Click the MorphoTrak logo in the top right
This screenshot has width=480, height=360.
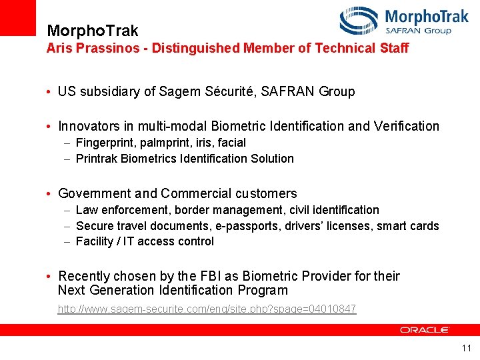[404, 21]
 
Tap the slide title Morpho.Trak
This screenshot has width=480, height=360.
[93, 31]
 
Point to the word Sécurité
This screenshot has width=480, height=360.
[229, 91]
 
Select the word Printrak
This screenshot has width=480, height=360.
[97, 159]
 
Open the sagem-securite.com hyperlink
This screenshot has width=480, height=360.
[207, 309]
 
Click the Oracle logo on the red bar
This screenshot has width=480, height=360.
[425, 329]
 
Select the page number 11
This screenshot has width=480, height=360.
[466, 348]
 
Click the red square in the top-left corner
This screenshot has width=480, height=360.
[17, 17]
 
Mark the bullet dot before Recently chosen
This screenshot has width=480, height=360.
[50, 277]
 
